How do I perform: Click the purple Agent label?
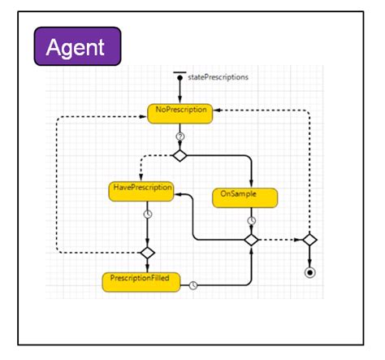77,46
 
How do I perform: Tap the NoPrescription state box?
180,112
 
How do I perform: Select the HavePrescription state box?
141,191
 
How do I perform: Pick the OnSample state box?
245,197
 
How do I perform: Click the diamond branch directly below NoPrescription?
180,154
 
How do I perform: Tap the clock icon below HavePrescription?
147,215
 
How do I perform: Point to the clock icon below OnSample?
252,219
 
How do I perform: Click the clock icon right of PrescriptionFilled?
193,284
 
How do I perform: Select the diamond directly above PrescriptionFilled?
147,253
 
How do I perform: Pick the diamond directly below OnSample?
252,240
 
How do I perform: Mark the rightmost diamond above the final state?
309,240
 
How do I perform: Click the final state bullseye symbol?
309,271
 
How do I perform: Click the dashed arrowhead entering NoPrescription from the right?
218,111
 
